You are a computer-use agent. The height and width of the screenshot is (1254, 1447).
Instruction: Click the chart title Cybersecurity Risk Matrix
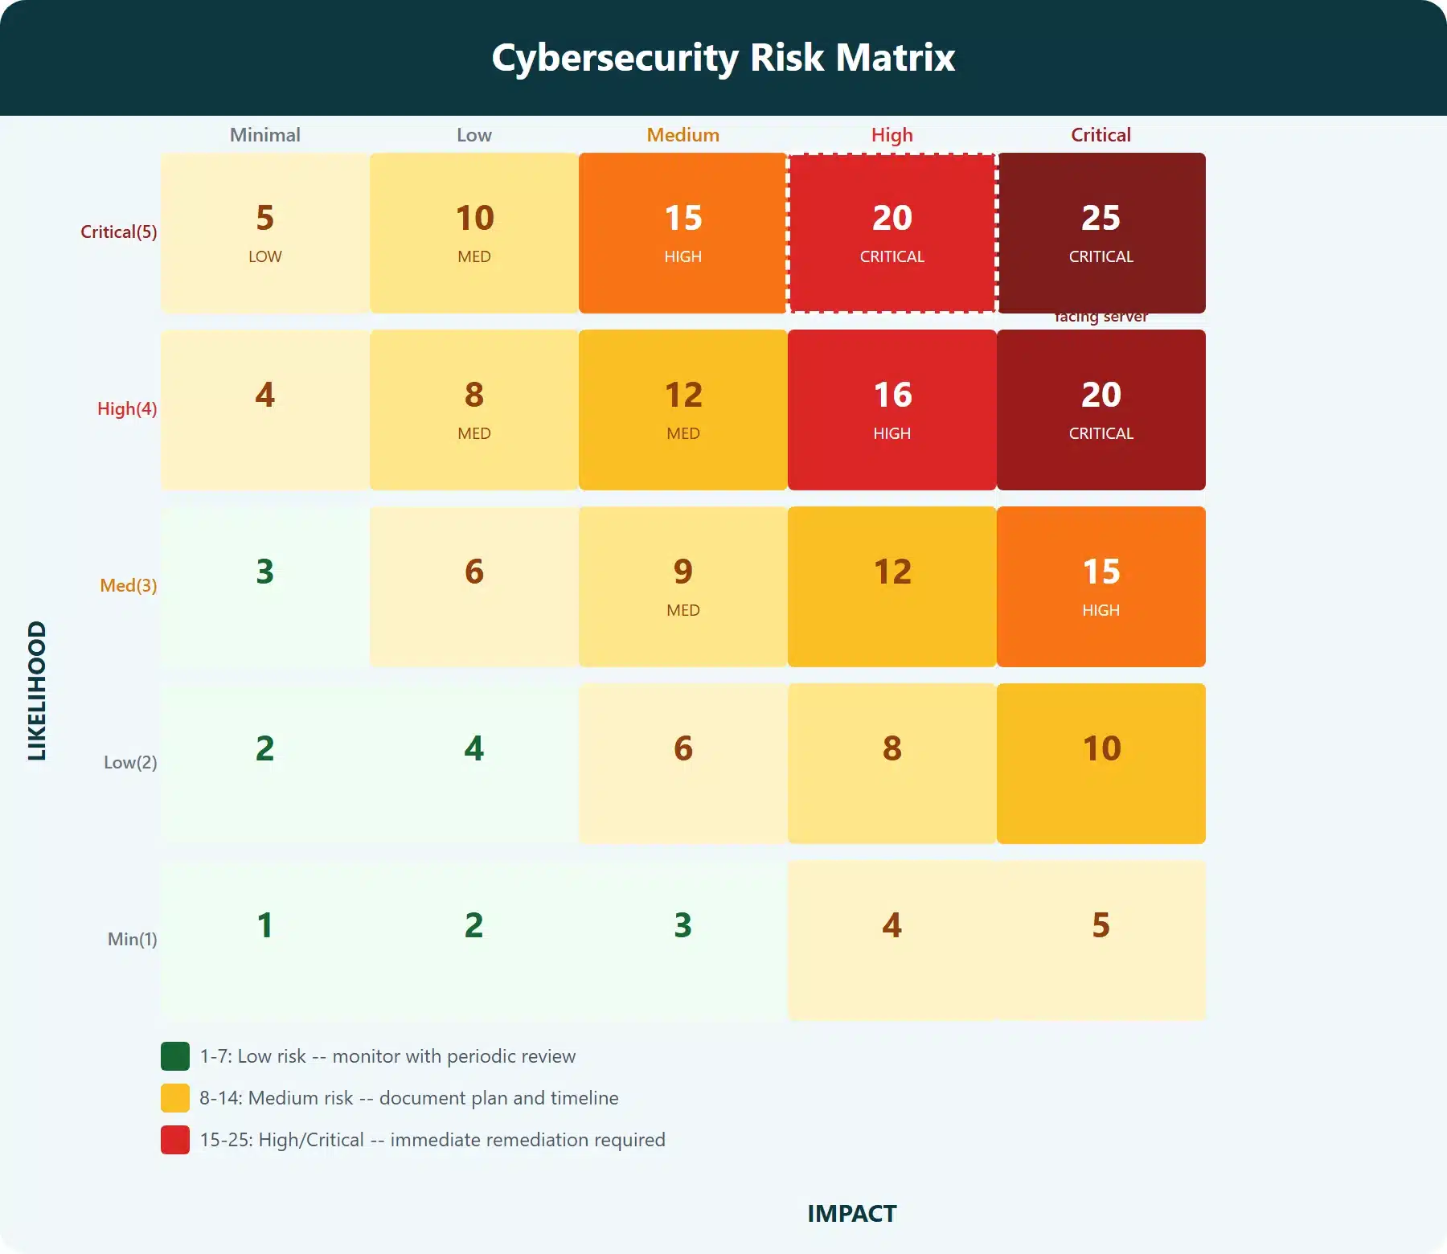point(723,58)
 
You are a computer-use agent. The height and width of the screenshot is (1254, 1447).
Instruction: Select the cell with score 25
point(1101,232)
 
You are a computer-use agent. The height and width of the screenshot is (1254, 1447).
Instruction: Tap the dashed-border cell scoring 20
point(892,232)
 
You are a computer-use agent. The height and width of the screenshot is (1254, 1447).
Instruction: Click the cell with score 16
point(892,409)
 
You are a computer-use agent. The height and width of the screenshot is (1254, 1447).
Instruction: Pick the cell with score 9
point(683,586)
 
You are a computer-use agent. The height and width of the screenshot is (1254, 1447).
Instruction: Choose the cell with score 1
point(264,940)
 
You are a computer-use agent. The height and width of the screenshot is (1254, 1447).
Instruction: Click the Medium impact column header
point(683,135)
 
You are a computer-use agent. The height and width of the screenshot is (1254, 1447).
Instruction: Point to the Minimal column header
point(264,135)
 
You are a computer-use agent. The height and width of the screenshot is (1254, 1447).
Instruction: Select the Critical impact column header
point(1101,135)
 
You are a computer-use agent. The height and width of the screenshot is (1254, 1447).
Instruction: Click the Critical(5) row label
point(119,232)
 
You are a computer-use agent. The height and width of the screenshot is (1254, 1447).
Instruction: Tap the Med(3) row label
point(128,586)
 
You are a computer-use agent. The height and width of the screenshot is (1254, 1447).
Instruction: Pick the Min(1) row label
point(132,940)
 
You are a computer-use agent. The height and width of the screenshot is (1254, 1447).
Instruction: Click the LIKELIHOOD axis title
point(37,691)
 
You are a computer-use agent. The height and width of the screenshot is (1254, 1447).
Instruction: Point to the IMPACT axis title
point(851,1214)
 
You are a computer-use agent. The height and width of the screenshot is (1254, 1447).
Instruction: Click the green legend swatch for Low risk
point(175,1056)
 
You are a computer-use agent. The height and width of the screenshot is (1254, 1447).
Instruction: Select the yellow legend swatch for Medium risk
point(175,1098)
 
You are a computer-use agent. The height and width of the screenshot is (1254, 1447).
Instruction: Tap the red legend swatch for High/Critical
point(175,1140)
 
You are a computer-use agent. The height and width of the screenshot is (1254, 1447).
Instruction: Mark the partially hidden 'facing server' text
point(1101,318)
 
